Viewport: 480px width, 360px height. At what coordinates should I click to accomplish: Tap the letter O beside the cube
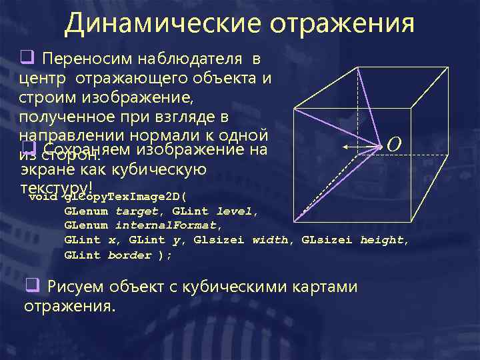[x=393, y=145]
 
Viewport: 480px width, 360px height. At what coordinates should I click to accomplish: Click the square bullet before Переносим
[x=28, y=59]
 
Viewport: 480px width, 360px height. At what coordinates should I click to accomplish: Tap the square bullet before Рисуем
[x=30, y=287]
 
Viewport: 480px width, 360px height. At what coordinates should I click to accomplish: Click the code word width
[x=270, y=241]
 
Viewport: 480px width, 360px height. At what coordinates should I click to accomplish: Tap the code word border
[x=129, y=255]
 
